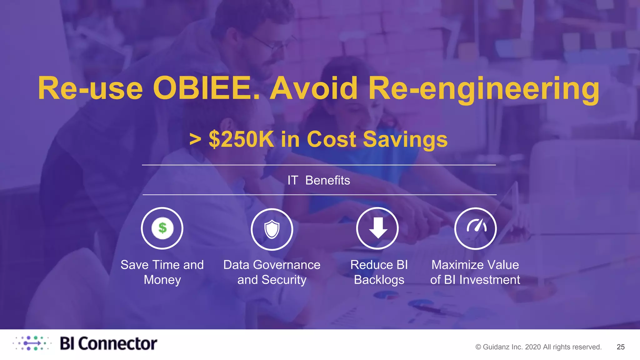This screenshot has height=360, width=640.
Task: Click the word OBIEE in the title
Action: click(206, 88)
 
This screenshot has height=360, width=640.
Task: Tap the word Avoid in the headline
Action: click(313, 88)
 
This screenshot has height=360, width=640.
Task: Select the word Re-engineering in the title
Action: click(484, 88)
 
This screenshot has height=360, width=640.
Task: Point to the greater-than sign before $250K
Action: click(195, 140)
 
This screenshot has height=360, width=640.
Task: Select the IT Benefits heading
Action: click(319, 180)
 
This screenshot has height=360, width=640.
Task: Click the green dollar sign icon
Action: click(162, 228)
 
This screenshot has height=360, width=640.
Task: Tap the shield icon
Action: click(272, 229)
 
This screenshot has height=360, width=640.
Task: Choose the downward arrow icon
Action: click(377, 228)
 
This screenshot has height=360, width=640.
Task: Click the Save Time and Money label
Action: click(162, 272)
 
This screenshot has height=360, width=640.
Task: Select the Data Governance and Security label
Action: click(272, 272)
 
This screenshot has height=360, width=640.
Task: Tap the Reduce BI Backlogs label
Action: click(379, 272)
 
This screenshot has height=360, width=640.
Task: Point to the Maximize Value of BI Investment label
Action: click(475, 272)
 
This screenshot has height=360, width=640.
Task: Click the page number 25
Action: click(621, 347)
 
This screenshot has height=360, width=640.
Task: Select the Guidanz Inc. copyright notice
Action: click(538, 347)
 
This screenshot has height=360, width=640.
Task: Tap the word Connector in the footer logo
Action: click(117, 344)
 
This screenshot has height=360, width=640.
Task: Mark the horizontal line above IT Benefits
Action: click(319, 165)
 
